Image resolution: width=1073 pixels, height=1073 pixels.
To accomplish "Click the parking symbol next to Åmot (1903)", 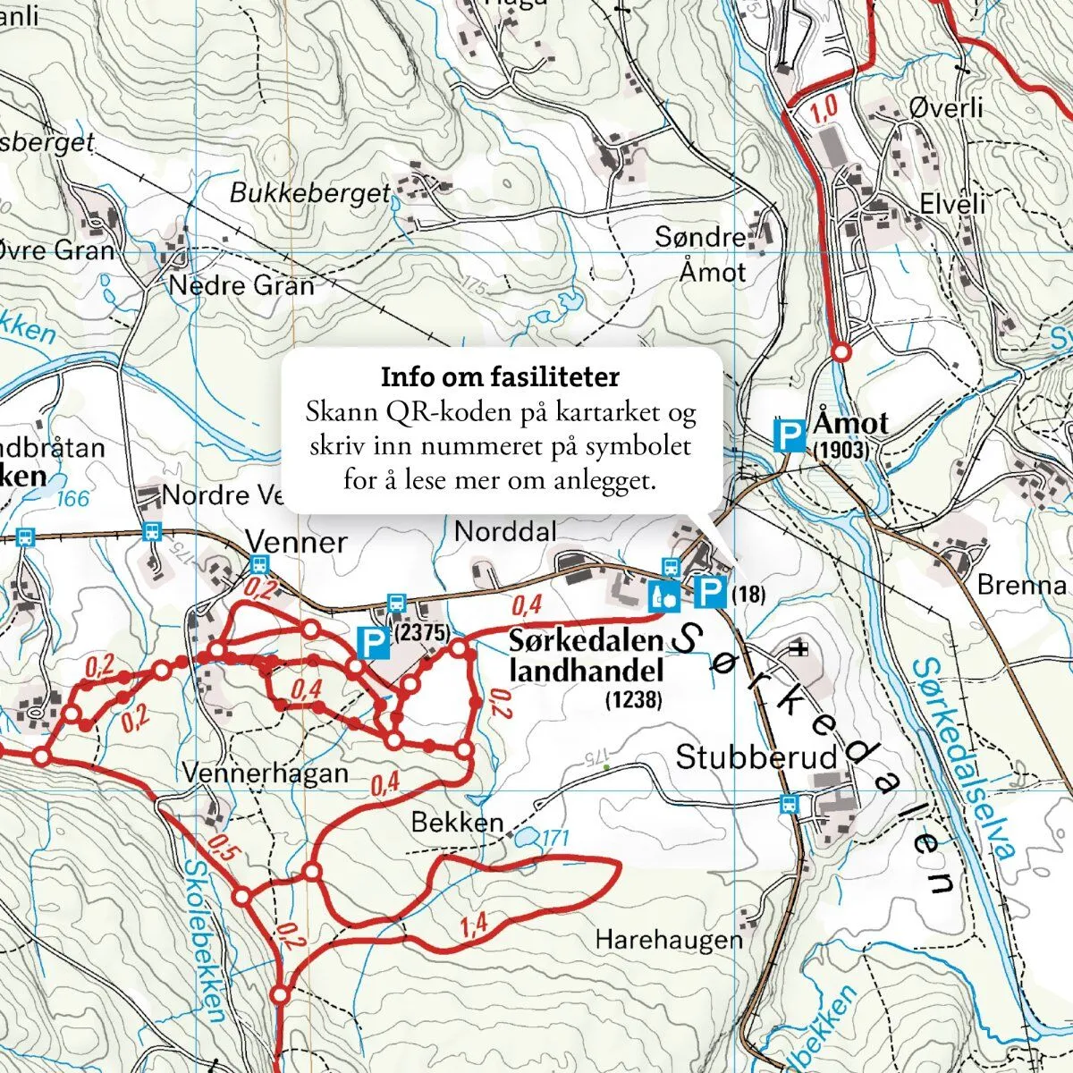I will [788, 435].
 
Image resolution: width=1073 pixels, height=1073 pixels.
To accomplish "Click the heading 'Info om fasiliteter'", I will [500, 377].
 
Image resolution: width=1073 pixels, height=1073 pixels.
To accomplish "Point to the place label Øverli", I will [945, 108].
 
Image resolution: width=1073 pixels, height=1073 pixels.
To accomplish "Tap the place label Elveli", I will [952, 204].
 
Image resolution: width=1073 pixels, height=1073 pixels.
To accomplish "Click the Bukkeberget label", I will [310, 192].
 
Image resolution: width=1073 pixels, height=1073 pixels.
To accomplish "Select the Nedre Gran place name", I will [241, 286].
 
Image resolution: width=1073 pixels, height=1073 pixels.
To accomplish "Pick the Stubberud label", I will [757, 757].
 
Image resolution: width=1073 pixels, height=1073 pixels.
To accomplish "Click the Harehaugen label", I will [669, 940].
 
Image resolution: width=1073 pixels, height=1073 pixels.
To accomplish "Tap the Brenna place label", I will [1021, 586].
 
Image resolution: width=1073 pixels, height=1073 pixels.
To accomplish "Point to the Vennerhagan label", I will [265, 773].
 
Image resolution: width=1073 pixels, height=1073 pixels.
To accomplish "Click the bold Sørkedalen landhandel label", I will [586, 655].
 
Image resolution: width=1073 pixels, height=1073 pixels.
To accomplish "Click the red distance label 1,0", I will [824, 108].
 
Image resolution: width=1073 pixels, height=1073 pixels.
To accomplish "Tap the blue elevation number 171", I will [554, 839].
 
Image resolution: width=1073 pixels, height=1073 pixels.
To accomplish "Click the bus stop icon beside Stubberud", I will [788, 803].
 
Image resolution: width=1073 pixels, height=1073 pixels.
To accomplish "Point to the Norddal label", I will [505, 531].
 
